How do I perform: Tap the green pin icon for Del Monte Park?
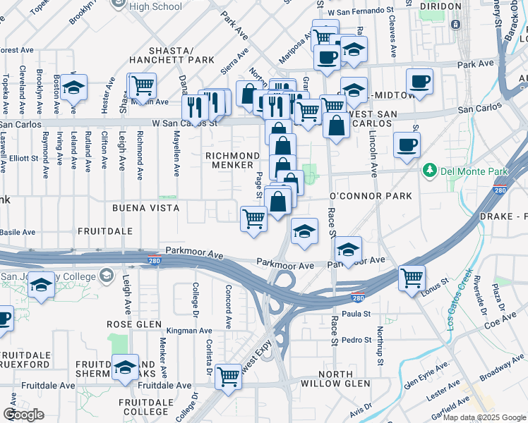428,171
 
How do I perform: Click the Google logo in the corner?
23,415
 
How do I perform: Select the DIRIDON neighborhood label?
440,6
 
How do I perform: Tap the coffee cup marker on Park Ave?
419,80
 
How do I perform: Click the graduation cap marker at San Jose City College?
41,284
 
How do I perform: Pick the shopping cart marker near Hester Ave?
142,85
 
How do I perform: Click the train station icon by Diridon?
455,24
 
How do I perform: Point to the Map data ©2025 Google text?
484,417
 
